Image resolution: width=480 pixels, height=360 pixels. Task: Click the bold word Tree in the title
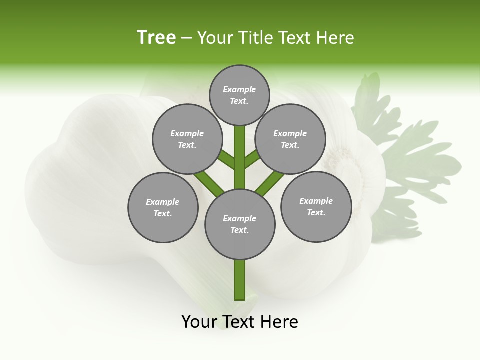coord(156,37)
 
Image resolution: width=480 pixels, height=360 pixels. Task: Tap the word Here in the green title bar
coord(336,38)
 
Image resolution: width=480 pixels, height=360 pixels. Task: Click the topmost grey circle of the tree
coord(239,95)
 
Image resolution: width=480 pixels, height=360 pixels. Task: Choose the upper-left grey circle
coord(187,139)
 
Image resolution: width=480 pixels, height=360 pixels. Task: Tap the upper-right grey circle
coord(290,139)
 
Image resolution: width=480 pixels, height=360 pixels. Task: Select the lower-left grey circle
coord(163,207)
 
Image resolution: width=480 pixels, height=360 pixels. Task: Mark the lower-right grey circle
coord(316,206)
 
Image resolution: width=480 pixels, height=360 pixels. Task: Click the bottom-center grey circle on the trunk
coord(240,224)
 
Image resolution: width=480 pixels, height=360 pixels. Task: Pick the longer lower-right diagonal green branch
coord(270,183)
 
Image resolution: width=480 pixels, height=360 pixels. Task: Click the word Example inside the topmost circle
coord(239,89)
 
